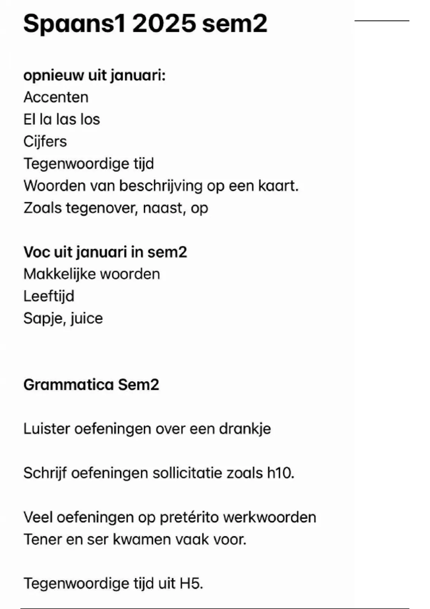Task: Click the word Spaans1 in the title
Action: click(75, 24)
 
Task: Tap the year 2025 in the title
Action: click(164, 24)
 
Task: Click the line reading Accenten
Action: click(56, 97)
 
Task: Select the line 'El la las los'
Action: click(62, 120)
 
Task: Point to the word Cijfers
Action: click(45, 142)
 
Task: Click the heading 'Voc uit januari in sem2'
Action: click(105, 252)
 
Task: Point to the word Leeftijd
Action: click(49, 297)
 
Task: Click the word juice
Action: click(87, 318)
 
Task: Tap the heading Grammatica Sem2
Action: click(91, 385)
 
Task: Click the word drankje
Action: click(245, 429)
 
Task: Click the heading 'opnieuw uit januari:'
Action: click(94, 76)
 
